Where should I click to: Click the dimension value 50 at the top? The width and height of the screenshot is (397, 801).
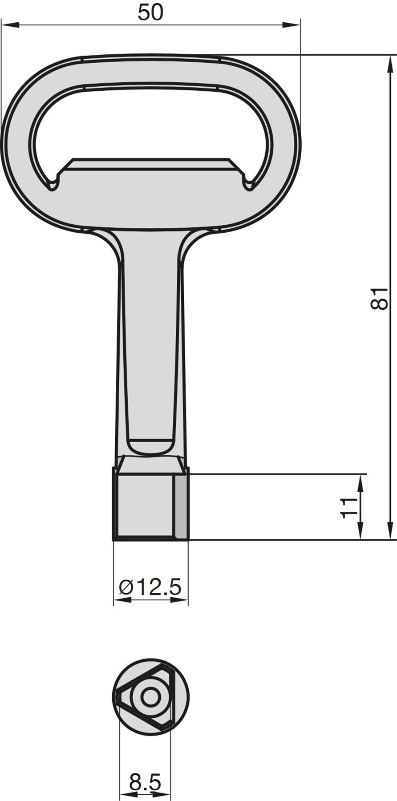pos(150,12)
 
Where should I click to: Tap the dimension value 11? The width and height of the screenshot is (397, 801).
pos(349,507)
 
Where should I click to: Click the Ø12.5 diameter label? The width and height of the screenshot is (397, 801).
pos(150,587)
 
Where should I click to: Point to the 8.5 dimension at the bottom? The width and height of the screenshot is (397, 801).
pos(145,782)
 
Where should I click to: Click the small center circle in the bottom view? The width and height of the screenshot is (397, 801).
pos(150,697)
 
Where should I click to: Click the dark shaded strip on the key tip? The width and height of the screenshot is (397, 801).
pos(181,506)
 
